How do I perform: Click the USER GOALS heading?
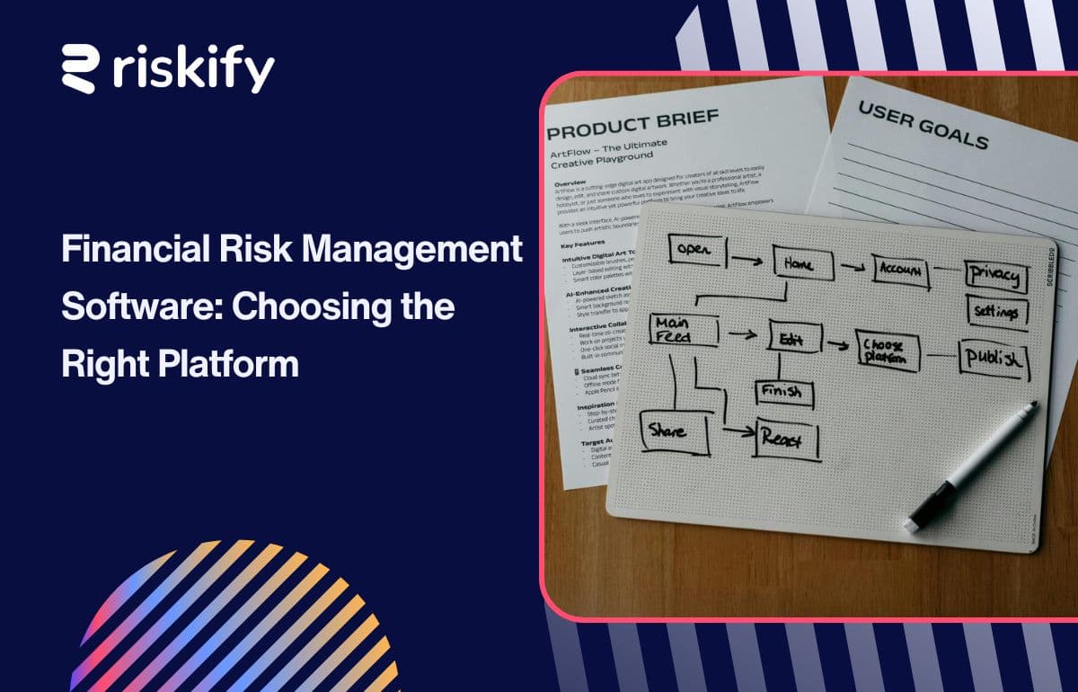coord(923,124)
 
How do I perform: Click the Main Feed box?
coord(684,330)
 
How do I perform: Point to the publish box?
coord(993,359)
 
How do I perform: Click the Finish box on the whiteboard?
coord(782,391)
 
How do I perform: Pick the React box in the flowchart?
coord(787,439)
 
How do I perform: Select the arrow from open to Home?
coord(747,261)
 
